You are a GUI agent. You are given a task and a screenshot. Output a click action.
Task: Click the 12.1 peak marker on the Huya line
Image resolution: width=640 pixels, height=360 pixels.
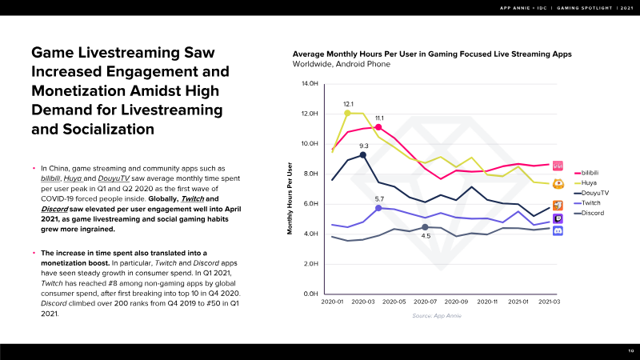click(x=348, y=113)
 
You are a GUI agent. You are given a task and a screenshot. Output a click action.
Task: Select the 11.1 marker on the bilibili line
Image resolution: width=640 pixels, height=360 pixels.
click(x=379, y=128)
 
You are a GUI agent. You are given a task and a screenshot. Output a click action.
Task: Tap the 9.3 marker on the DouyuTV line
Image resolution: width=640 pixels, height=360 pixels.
click(x=363, y=154)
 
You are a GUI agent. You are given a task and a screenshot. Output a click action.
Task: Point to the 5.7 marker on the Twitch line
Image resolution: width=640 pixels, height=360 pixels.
click(x=379, y=208)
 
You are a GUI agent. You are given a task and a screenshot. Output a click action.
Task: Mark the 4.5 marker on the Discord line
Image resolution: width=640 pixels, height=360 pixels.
click(x=426, y=227)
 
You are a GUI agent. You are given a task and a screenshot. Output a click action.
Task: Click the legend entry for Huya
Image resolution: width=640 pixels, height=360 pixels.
click(x=584, y=182)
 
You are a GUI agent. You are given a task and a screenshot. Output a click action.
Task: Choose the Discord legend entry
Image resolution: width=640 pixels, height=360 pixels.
click(x=588, y=212)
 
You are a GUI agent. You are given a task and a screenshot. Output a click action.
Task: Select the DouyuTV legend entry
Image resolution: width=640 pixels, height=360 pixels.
click(x=590, y=192)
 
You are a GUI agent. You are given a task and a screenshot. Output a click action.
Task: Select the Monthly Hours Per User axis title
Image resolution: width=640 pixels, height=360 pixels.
click(x=290, y=198)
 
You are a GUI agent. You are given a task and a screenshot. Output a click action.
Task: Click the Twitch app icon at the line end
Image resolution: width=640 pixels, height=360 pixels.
click(x=558, y=218)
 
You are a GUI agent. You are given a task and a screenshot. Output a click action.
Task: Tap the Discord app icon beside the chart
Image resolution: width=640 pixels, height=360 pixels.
click(x=558, y=231)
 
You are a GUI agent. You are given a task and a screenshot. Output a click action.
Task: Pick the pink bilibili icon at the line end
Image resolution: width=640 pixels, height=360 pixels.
click(x=558, y=165)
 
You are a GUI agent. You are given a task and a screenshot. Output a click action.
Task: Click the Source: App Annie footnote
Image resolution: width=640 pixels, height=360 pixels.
click(x=433, y=317)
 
